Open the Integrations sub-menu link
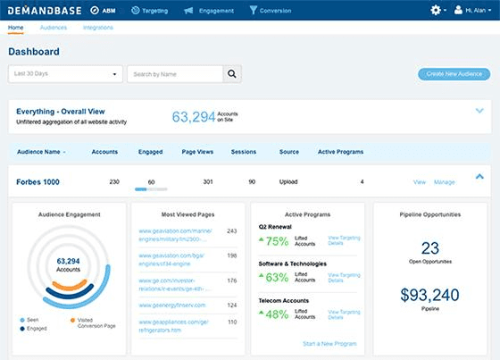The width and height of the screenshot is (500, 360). (x=97, y=28)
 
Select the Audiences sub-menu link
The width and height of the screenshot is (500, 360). (x=53, y=28)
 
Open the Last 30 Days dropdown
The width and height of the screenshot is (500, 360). (x=65, y=74)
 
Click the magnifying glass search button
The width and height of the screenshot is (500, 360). (x=232, y=74)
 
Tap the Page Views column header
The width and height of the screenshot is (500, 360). (x=196, y=152)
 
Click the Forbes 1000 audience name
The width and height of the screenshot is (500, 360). (x=37, y=182)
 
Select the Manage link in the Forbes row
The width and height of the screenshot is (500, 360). (x=444, y=182)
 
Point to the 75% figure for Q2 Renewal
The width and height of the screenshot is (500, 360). (x=276, y=241)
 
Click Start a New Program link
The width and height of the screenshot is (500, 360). (x=330, y=344)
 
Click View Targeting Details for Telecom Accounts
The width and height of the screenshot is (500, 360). (x=344, y=314)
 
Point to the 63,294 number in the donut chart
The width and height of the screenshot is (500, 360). (x=69, y=261)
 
